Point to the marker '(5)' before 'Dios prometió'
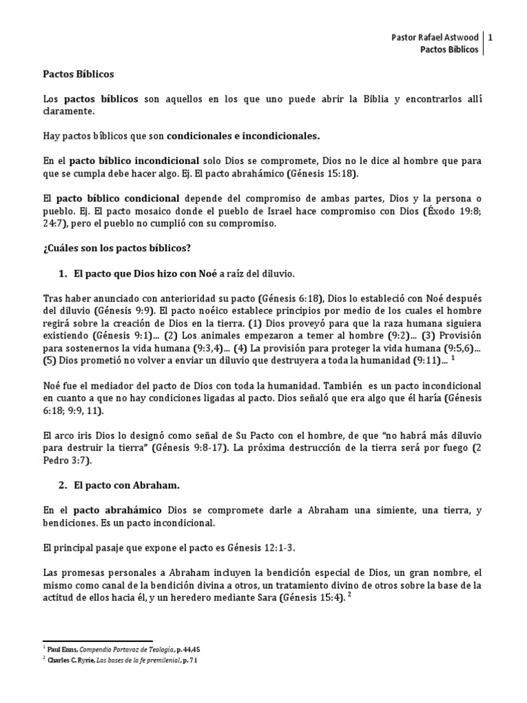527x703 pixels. pos(51,360)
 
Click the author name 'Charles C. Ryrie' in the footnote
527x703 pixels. pos(75,660)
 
